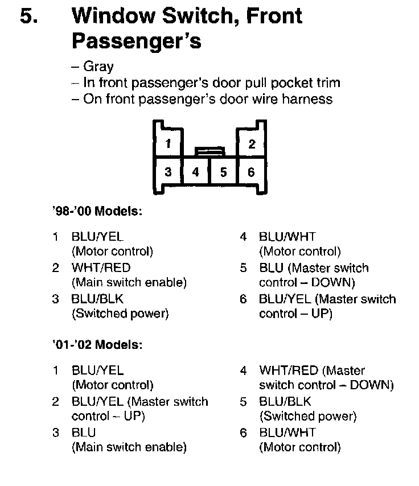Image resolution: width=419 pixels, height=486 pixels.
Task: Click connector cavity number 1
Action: [168, 143]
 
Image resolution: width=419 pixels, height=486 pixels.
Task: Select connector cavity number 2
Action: [252, 143]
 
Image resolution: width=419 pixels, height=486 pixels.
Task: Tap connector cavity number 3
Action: [168, 171]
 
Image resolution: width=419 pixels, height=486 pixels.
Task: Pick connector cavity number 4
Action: [195, 171]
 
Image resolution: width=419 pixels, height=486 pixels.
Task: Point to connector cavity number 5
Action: [223, 171]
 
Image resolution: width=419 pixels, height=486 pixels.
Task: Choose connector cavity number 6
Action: [251, 171]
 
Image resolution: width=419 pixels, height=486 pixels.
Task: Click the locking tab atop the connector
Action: [209, 151]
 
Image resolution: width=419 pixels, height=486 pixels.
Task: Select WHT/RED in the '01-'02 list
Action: [289, 371]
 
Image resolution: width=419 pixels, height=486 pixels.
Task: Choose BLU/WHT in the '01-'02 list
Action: [287, 433]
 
